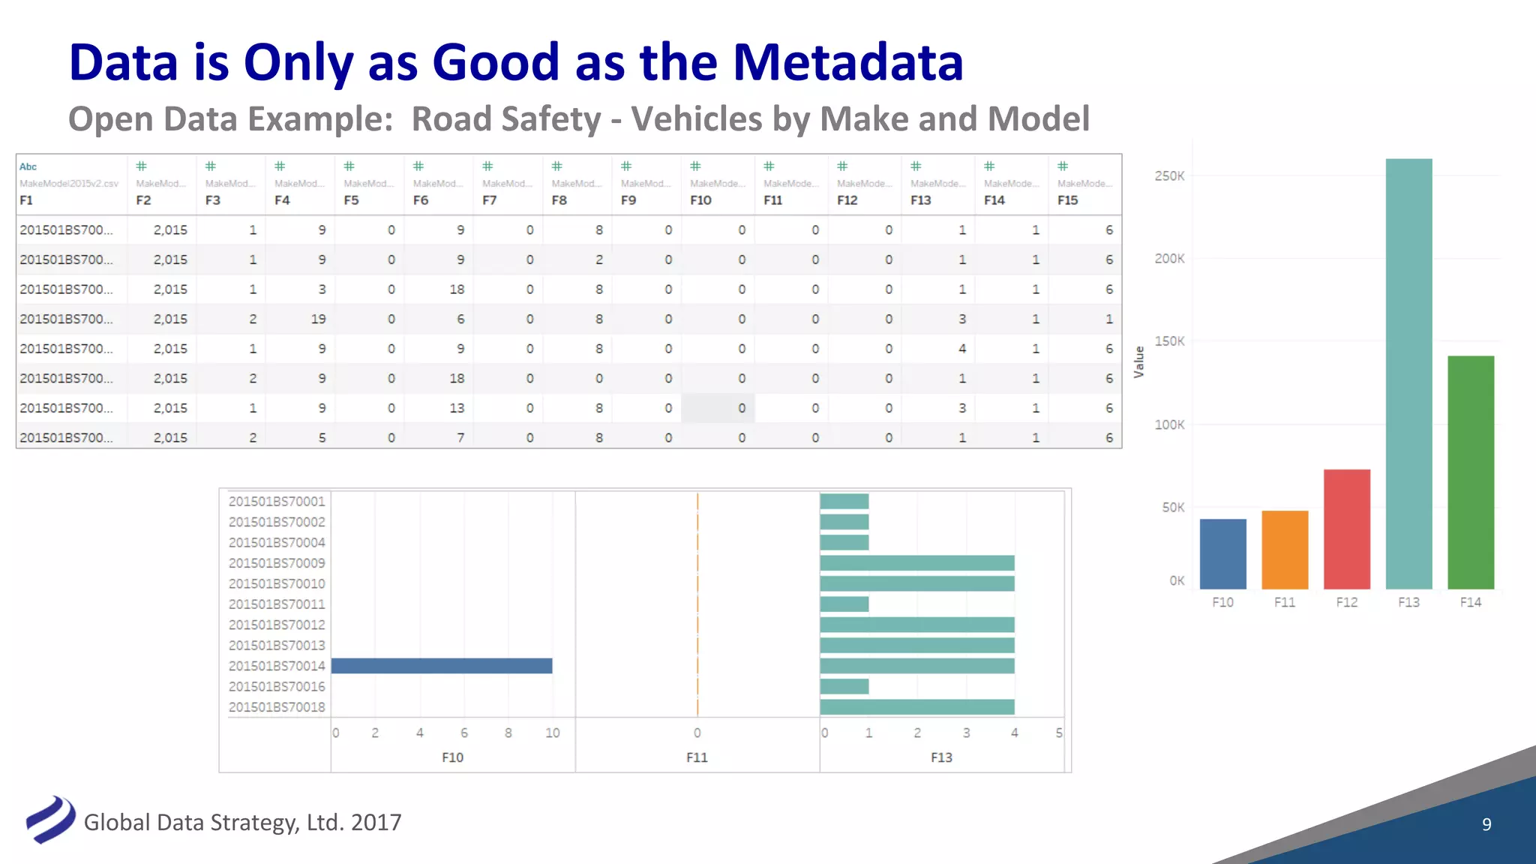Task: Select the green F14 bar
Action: click(1470, 472)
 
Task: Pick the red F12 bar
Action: click(1346, 529)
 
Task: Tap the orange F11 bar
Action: click(1285, 550)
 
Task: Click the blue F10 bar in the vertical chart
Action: click(1222, 553)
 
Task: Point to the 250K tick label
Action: click(1169, 176)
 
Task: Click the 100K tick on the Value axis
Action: click(1169, 424)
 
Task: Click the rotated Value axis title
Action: click(1139, 361)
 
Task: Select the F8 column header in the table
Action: click(559, 200)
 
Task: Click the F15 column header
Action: click(1067, 200)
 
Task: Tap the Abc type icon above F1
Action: click(28, 166)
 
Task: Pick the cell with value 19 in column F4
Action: click(318, 319)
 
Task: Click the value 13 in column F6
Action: click(457, 408)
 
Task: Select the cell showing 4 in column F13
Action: click(961, 349)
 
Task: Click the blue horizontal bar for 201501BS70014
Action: click(442, 666)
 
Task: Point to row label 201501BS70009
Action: click(277, 563)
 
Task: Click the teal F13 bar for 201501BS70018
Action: click(916, 707)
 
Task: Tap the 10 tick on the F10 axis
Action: click(552, 733)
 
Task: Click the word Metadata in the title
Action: click(847, 61)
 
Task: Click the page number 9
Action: click(1486, 824)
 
